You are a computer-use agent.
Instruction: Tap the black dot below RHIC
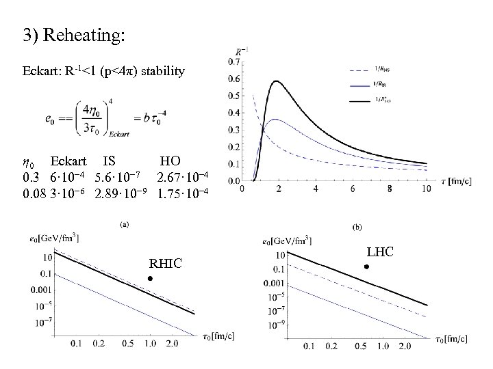tap(151, 279)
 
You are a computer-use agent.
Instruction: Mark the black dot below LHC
tap(367, 266)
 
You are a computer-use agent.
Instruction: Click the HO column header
tap(170, 162)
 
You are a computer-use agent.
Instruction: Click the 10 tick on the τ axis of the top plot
tap(427, 189)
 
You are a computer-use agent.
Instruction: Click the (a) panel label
tap(124, 223)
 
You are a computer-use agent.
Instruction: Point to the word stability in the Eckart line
tap(159, 70)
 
